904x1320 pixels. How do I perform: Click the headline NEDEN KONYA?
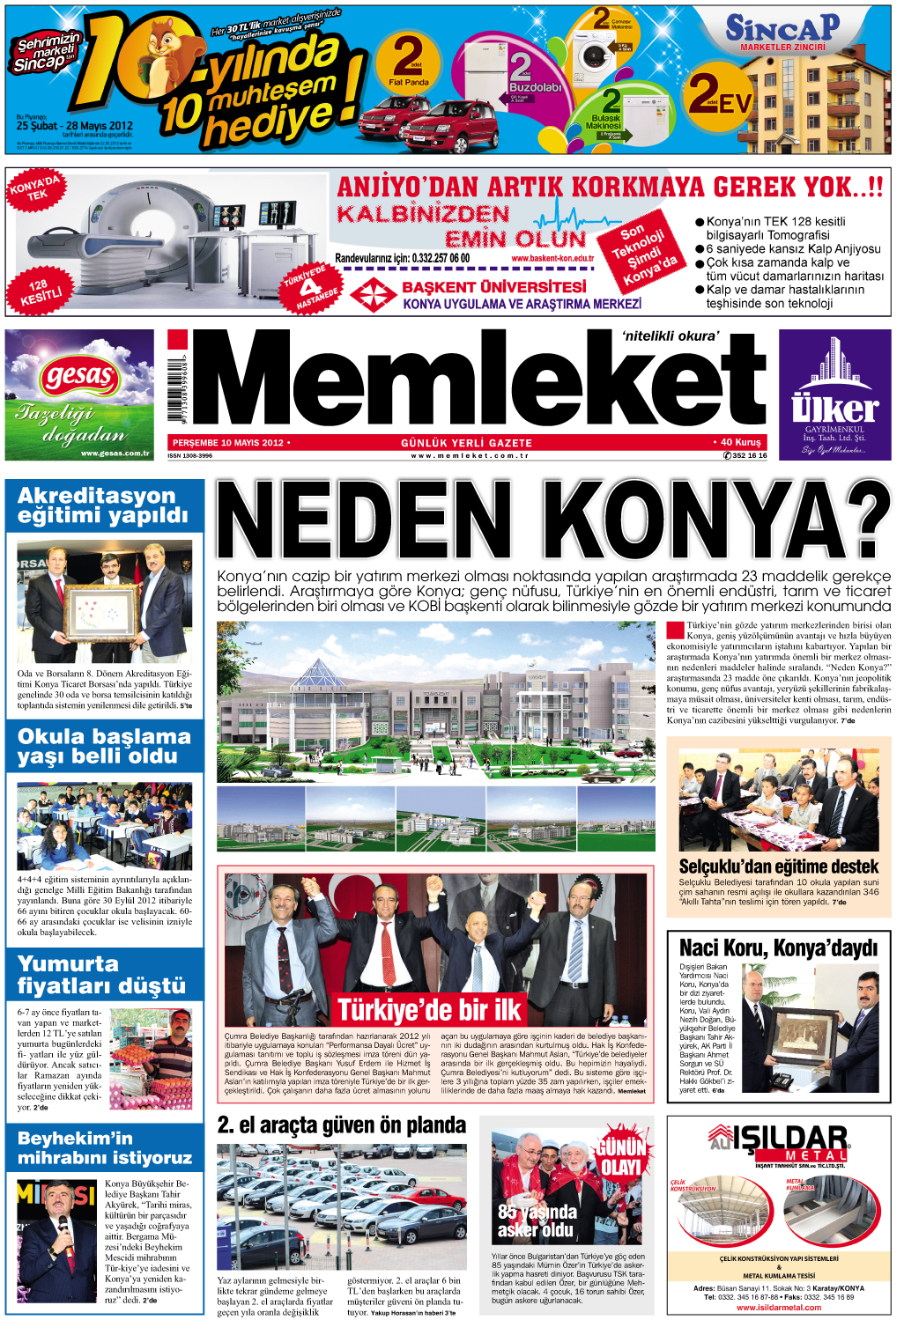point(552,521)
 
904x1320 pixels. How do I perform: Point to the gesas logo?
point(79,377)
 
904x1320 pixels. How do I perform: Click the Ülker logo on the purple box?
point(834,409)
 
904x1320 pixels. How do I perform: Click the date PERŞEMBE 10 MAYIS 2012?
point(228,442)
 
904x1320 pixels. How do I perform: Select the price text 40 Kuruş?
point(737,442)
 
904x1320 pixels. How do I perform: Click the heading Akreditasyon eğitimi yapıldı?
point(103,505)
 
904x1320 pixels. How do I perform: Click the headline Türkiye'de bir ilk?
point(430,1009)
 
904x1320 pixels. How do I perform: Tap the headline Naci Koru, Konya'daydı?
point(779,948)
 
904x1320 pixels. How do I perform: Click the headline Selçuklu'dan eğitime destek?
point(779,866)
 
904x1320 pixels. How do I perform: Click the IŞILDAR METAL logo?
point(780,1142)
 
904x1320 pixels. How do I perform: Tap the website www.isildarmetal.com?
point(779,1307)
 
